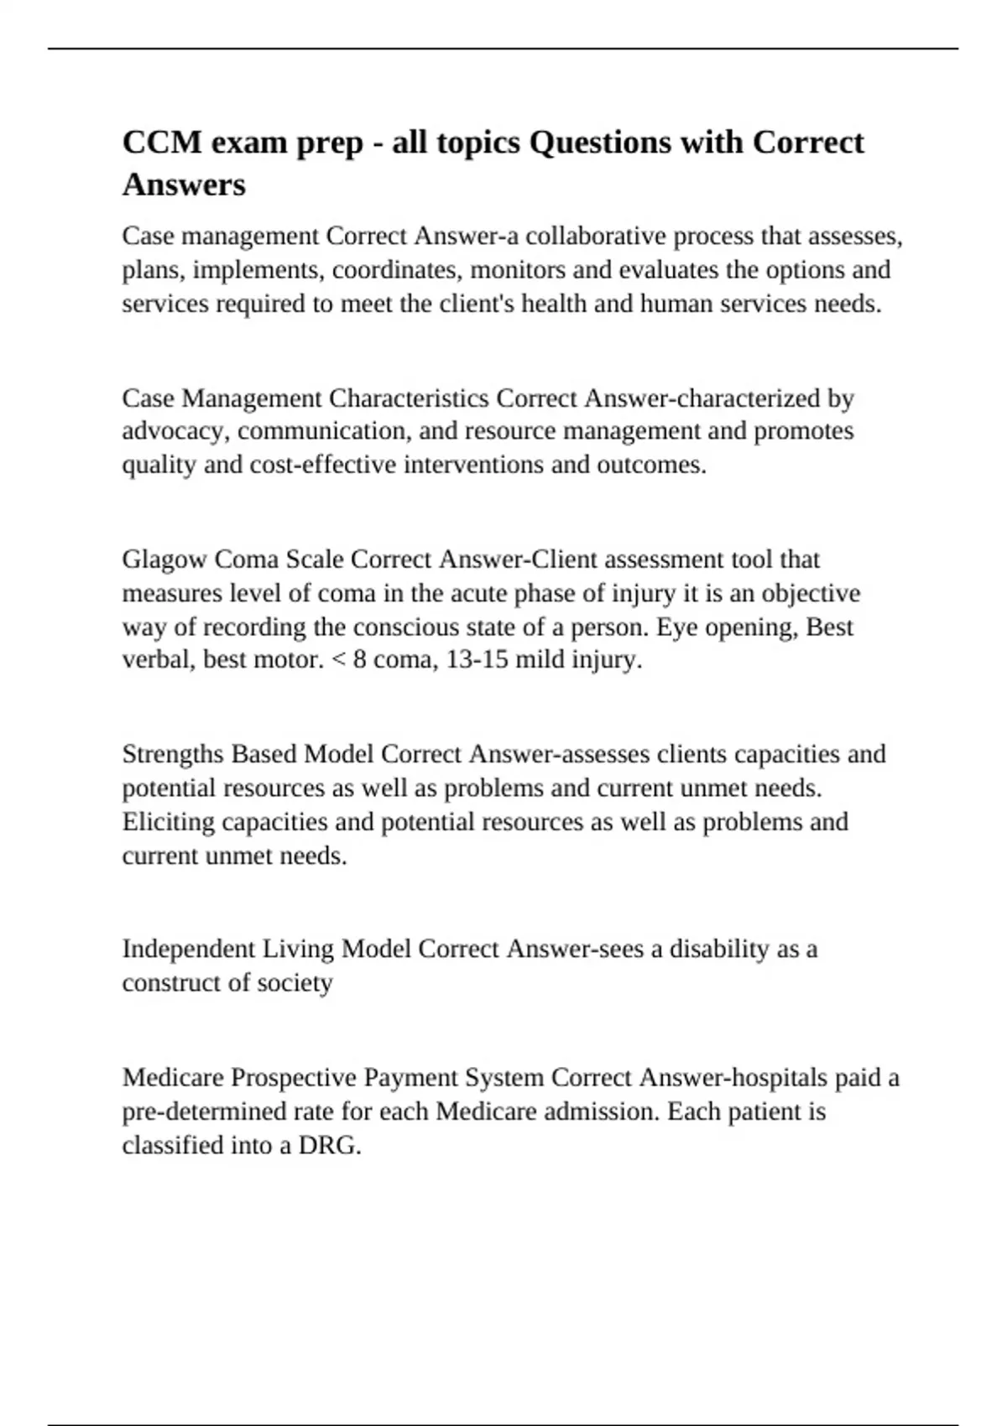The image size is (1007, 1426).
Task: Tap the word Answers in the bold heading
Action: coord(184,185)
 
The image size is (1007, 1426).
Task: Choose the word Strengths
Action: coord(173,754)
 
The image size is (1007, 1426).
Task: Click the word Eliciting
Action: coord(168,821)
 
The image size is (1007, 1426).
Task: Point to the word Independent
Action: coord(189,949)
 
